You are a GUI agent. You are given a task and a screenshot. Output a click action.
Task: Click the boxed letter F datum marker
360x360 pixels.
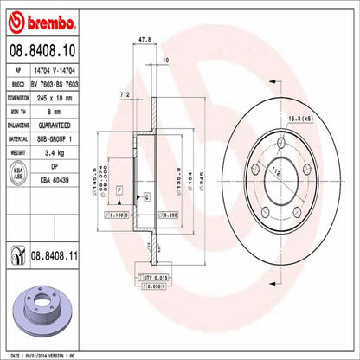(x=119, y=189)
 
